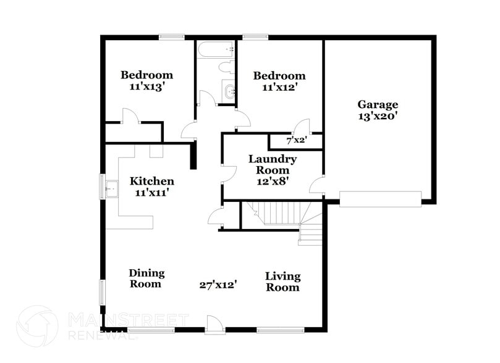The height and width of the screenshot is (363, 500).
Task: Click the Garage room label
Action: (377, 104)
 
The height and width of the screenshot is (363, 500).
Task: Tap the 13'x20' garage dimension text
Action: (377, 115)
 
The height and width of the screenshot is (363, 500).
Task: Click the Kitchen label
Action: (151, 181)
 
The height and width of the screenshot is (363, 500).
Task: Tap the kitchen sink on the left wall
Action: (112, 188)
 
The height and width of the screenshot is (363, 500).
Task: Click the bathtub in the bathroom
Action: (215, 49)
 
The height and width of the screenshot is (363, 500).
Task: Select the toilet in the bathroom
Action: (226, 67)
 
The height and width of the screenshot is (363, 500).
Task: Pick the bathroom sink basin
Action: (229, 92)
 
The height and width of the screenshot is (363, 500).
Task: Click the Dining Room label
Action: (146, 278)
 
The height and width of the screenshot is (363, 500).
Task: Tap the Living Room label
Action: (282, 282)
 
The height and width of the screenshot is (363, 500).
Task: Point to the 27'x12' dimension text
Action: (218, 285)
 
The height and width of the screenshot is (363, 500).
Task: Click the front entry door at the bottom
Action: (215, 325)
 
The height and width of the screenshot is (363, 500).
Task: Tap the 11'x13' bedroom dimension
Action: (146, 87)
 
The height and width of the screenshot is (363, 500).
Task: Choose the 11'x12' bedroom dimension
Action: (279, 88)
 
